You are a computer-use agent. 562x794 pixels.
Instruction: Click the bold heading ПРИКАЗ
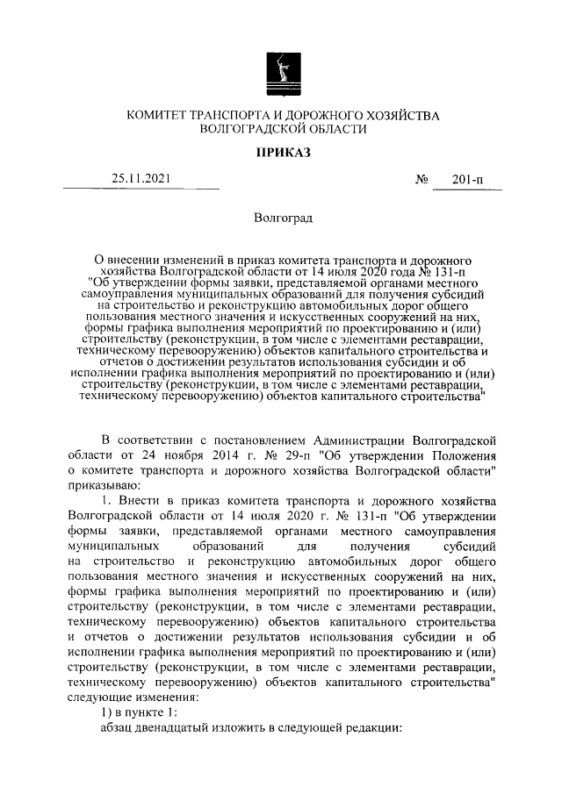pyautogui.click(x=282, y=154)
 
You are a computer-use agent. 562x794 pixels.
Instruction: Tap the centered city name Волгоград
pyautogui.click(x=282, y=217)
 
